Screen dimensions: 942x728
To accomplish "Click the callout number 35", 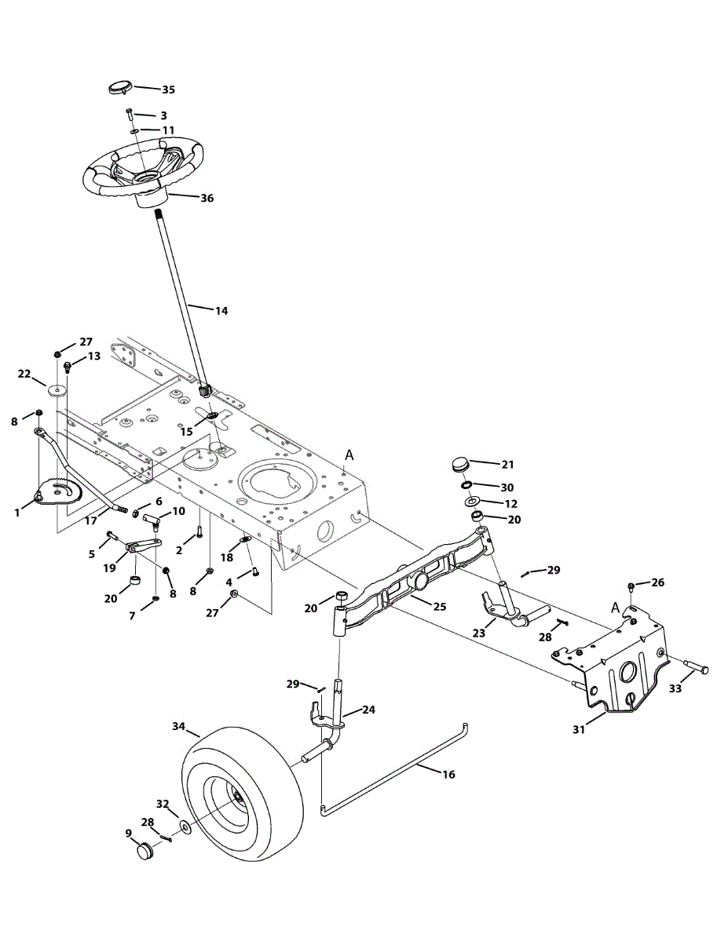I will point(168,89).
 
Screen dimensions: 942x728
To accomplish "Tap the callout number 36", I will point(206,199).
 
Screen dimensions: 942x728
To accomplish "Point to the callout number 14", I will point(221,311).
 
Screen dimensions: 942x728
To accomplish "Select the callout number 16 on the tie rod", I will point(448,774).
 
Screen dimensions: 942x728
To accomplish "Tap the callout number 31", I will point(579,729).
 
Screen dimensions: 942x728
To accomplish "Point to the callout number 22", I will point(24,373).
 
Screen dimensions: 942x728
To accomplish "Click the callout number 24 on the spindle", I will point(368,710).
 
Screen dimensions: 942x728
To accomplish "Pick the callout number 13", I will point(93,356).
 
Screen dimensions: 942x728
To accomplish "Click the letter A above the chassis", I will point(350,454).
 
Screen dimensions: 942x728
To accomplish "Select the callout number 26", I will point(657,582).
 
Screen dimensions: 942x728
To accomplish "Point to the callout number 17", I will point(91,520).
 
